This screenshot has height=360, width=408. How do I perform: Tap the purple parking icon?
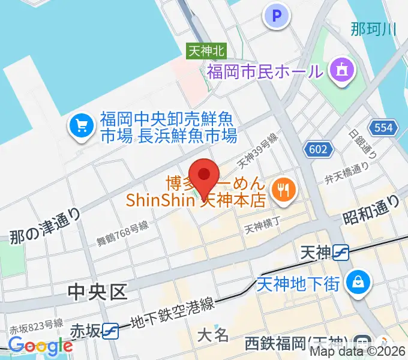pos(277,16)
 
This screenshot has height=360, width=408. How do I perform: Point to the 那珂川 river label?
pos(373,28)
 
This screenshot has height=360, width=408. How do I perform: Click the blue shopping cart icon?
pos(81,127)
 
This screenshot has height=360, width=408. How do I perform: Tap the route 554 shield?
pos(382,127)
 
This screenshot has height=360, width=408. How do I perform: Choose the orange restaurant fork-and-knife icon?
pos(280,191)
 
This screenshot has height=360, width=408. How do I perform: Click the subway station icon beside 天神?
pos(340,253)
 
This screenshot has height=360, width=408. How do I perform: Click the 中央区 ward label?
pos(98,292)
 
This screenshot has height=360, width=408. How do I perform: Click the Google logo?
pos(41,346)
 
